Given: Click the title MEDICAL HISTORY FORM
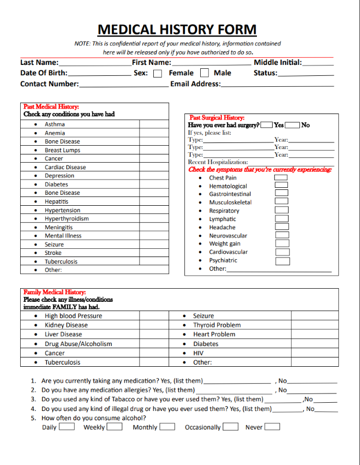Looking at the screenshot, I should coord(177,29).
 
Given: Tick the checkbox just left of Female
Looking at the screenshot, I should coord(158,73).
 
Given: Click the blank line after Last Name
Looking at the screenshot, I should coord(94,63).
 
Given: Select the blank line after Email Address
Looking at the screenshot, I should coord(277,85).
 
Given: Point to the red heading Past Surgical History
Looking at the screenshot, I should coord(217,117).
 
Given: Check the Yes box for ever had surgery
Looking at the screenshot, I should coord(267,125).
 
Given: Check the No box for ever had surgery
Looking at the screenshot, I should coord(293,125).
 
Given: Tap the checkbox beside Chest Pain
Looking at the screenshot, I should coord(281,178).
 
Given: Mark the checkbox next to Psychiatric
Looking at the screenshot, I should coord(282,261).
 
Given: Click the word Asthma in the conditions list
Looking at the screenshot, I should coord(55,124).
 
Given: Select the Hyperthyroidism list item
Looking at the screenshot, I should coord(67,219).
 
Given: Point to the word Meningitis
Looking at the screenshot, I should coord(58,228).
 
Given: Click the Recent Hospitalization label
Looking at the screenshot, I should coord(218,162).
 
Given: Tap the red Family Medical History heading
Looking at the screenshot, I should coord(55,293).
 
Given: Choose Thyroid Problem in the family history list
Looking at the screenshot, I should coord(217,325).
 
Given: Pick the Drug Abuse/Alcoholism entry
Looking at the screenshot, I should coord(78,344).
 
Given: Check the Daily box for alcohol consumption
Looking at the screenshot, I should coord(67,427).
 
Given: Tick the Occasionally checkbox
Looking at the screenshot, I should coord(230,427).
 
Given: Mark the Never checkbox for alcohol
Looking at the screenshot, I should coord(272,427).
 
